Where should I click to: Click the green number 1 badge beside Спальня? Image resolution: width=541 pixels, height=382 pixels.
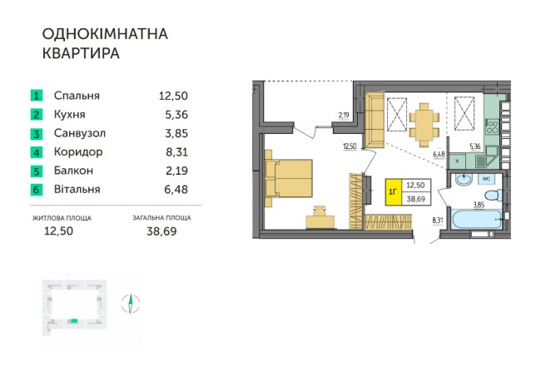pyautogui.click(x=37, y=96)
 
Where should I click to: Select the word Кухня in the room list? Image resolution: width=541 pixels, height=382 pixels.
pyautogui.click(x=70, y=115)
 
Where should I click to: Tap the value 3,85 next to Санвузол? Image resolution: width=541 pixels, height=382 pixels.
pyautogui.click(x=176, y=133)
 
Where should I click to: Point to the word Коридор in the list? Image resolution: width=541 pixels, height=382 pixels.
pyautogui.click(x=78, y=152)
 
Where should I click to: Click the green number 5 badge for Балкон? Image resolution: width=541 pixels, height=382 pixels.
pyautogui.click(x=37, y=171)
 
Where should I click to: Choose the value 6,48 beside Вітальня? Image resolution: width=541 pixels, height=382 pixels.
pyautogui.click(x=176, y=190)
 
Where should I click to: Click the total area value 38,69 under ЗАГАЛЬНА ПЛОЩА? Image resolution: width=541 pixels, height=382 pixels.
pyautogui.click(x=161, y=231)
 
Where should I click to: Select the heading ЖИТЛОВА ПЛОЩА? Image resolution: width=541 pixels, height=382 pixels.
pyautogui.click(x=62, y=218)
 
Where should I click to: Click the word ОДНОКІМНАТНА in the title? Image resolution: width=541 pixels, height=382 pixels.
pyautogui.click(x=105, y=34)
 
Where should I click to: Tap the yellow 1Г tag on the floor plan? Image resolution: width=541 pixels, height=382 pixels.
pyautogui.click(x=393, y=192)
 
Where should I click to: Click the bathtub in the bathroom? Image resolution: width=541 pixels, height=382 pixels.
pyautogui.click(x=476, y=219)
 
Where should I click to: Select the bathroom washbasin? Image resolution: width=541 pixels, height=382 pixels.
pyautogui.click(x=464, y=179)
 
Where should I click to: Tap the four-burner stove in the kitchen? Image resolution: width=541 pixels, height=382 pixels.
pyautogui.click(x=492, y=127)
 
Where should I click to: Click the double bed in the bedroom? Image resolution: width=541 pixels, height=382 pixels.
pyautogui.click(x=289, y=178)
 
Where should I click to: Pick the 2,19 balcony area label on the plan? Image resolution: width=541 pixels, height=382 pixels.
pyautogui.click(x=344, y=116)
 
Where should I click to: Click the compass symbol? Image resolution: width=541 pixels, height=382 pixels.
pyautogui.click(x=131, y=304)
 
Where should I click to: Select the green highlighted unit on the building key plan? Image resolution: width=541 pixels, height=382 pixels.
pyautogui.click(x=72, y=321)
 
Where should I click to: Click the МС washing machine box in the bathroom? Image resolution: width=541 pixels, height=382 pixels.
pyautogui.click(x=487, y=179)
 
